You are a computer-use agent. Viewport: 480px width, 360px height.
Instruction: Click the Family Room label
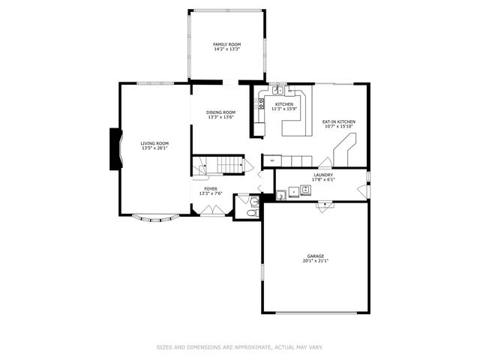pos(227,44)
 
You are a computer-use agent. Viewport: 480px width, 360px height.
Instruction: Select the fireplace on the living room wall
pos(116,147)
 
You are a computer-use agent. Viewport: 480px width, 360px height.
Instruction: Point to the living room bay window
pos(156,218)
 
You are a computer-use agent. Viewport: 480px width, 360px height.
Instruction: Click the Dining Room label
pos(221,112)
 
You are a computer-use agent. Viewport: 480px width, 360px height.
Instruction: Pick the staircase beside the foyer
pos(219,165)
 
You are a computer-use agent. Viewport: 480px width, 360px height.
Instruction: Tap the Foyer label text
pos(211,188)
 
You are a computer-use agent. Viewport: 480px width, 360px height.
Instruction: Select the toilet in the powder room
pos(252,213)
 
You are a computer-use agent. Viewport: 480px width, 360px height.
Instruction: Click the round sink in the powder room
pos(254,202)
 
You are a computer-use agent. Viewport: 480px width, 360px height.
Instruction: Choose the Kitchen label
pos(284,104)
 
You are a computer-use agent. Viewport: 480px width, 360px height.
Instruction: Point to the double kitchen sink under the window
pos(278,90)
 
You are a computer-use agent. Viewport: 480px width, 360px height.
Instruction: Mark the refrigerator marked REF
pos(271,160)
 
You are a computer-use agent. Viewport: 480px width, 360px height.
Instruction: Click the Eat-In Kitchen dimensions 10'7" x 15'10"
pos(339,127)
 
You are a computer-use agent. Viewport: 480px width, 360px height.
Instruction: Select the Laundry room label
pos(323,175)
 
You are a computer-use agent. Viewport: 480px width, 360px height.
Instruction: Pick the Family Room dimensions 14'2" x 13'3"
pos(227,49)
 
